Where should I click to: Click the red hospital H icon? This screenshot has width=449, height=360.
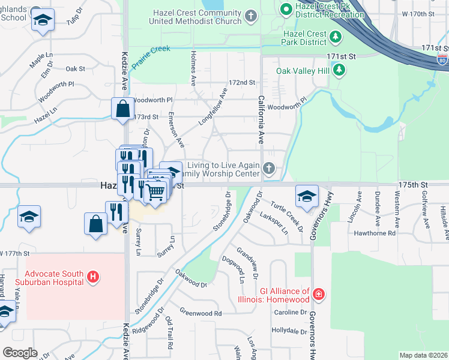[x=93, y=277]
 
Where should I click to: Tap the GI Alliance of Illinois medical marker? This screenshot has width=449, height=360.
[x=318, y=294]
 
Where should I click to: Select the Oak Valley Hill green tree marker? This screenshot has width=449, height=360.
[x=340, y=71]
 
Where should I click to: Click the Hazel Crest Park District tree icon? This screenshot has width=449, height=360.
[x=336, y=37]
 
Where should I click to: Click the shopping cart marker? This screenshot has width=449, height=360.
[x=155, y=192]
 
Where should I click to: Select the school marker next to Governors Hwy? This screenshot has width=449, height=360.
[x=307, y=196]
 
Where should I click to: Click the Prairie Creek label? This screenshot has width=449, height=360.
[x=152, y=53]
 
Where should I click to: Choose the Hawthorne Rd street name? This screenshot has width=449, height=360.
[x=375, y=233]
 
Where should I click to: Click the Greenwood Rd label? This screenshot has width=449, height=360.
[x=200, y=313]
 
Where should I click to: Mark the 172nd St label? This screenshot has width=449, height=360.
[x=242, y=82]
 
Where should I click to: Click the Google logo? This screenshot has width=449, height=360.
[x=20, y=353]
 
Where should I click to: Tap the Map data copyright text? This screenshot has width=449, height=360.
[x=423, y=355]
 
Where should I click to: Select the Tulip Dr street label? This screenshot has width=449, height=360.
[x=73, y=19]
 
